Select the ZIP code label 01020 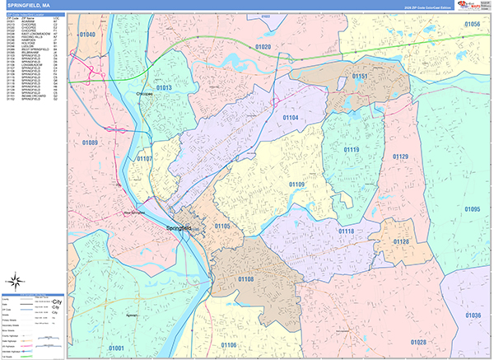pyautogui.click(x=263, y=47)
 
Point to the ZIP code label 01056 pyautogui.click(x=472, y=25)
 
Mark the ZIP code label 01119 pyautogui.click(x=352, y=149)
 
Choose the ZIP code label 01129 pyautogui.click(x=400, y=157)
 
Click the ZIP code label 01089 pyautogui.click(x=90, y=143)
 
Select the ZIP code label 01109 pyautogui.click(x=296, y=185)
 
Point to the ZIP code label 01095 pyautogui.click(x=472, y=209)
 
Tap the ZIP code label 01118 pyautogui.click(x=347, y=231)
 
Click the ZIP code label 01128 pyautogui.click(x=401, y=241)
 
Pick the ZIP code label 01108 pyautogui.click(x=246, y=280)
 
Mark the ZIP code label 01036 pyautogui.click(x=472, y=315)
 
